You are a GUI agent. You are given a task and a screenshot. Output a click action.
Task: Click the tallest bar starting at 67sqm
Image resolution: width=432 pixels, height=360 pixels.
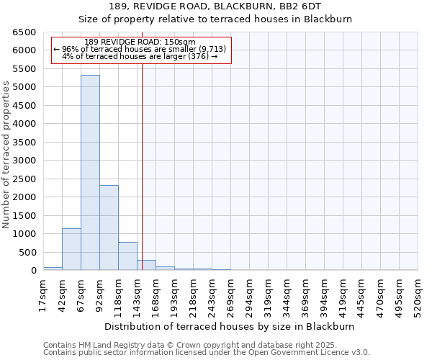[x=90, y=173]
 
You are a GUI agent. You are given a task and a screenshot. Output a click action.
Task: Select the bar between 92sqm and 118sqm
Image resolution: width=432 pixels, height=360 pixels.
[x=109, y=228]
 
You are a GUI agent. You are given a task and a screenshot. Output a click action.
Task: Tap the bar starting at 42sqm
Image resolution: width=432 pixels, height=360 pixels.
[x=71, y=249]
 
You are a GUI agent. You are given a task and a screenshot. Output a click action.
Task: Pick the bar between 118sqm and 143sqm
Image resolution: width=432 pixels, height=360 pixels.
[x=127, y=256]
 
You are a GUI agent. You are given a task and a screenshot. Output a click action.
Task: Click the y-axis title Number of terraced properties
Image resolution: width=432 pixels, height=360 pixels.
[x=6, y=155]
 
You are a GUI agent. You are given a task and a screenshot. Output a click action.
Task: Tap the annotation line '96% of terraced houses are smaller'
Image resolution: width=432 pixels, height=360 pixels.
[x=140, y=49]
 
